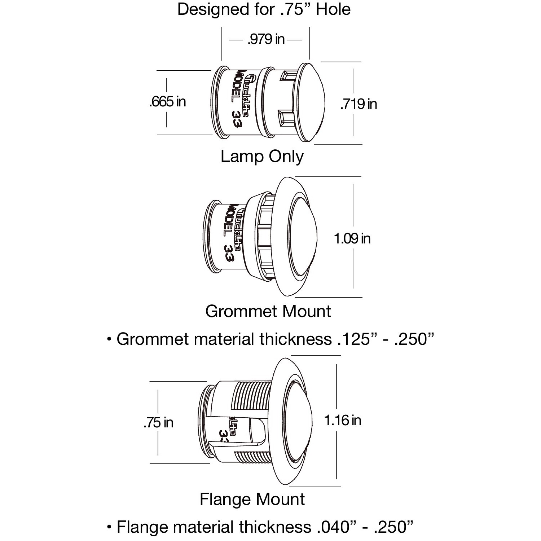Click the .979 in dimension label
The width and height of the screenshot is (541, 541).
[x=266, y=39]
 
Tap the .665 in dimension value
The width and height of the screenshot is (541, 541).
[x=167, y=102]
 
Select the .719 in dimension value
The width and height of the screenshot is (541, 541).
[x=359, y=104]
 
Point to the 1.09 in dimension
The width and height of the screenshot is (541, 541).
[x=352, y=238]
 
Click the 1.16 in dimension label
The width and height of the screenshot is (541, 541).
[x=343, y=420]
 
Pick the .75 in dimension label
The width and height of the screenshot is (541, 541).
[x=158, y=422]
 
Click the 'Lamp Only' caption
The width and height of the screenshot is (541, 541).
[x=262, y=157]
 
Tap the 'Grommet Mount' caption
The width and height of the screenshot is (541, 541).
[x=268, y=311]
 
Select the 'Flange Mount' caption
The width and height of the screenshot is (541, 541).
[x=252, y=499]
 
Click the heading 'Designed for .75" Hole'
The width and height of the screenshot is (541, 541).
[x=264, y=9]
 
